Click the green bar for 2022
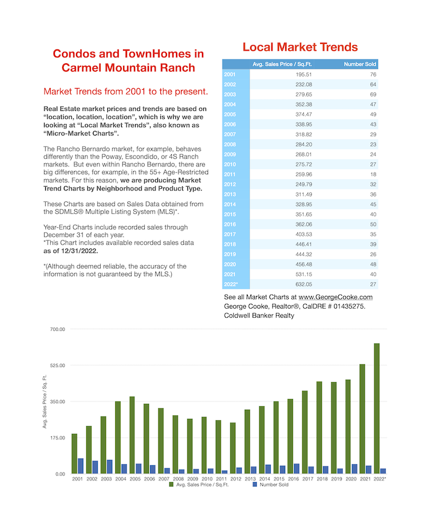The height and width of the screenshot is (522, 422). pos(377,409)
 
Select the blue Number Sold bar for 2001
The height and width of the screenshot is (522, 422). pos(81,466)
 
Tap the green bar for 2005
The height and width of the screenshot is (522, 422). pos(132,435)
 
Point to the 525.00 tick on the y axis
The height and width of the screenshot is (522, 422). pos(58,365)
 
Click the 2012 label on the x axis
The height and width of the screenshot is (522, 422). pos(236,479)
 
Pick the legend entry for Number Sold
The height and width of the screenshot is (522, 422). pos(271,485)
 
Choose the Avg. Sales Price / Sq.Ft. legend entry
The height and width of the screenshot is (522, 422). pos(199,485)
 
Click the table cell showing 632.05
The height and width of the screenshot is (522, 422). pos(304,285)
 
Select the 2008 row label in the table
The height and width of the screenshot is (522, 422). pos(230,145)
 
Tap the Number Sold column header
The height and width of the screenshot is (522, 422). pos(360,64)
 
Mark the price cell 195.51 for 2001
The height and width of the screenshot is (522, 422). pos(304,75)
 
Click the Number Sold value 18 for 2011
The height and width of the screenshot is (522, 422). pos(373,174)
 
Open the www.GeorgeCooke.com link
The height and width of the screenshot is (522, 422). pos(335,297)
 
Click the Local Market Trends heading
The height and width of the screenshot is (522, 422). pos(300,47)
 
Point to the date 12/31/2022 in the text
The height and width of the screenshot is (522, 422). pos(79,251)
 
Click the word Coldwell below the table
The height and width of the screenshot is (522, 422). pos(236,316)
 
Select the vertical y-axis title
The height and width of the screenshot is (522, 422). pos(45,401)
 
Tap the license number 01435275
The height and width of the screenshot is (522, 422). pos(349,306)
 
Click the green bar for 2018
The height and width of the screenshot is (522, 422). pos(319,428)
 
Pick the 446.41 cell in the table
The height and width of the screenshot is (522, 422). pos(304,244)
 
